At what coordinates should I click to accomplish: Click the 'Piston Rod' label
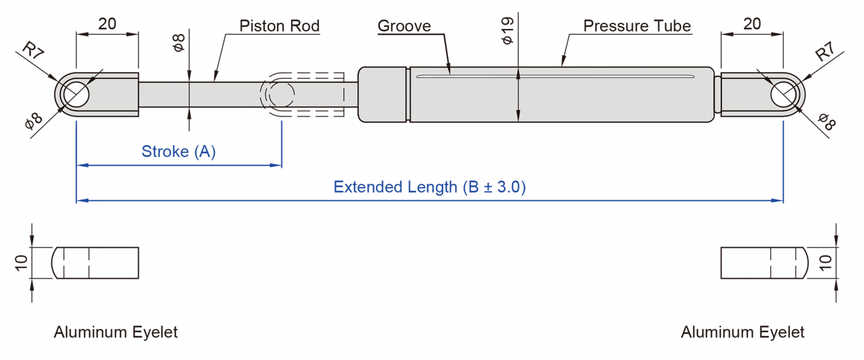tap(280, 26)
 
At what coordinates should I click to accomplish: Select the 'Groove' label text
tap(404, 26)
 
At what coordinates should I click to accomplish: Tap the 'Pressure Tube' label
tap(637, 26)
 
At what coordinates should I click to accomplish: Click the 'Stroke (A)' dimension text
tap(179, 152)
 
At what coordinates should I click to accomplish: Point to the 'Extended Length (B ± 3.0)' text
tap(430, 187)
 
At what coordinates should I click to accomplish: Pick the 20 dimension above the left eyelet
tap(107, 24)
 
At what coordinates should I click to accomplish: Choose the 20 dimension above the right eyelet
tap(752, 24)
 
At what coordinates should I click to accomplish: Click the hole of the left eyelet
tap(75, 94)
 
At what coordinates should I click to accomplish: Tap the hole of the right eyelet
tap(784, 94)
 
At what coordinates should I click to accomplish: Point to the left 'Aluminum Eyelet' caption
tap(115, 332)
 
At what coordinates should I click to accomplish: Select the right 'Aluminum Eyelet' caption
tap(742, 332)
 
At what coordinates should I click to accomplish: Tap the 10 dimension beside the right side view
tap(826, 262)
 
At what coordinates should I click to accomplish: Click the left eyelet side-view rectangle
tap(96, 262)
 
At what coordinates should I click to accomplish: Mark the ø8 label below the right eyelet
tap(827, 122)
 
